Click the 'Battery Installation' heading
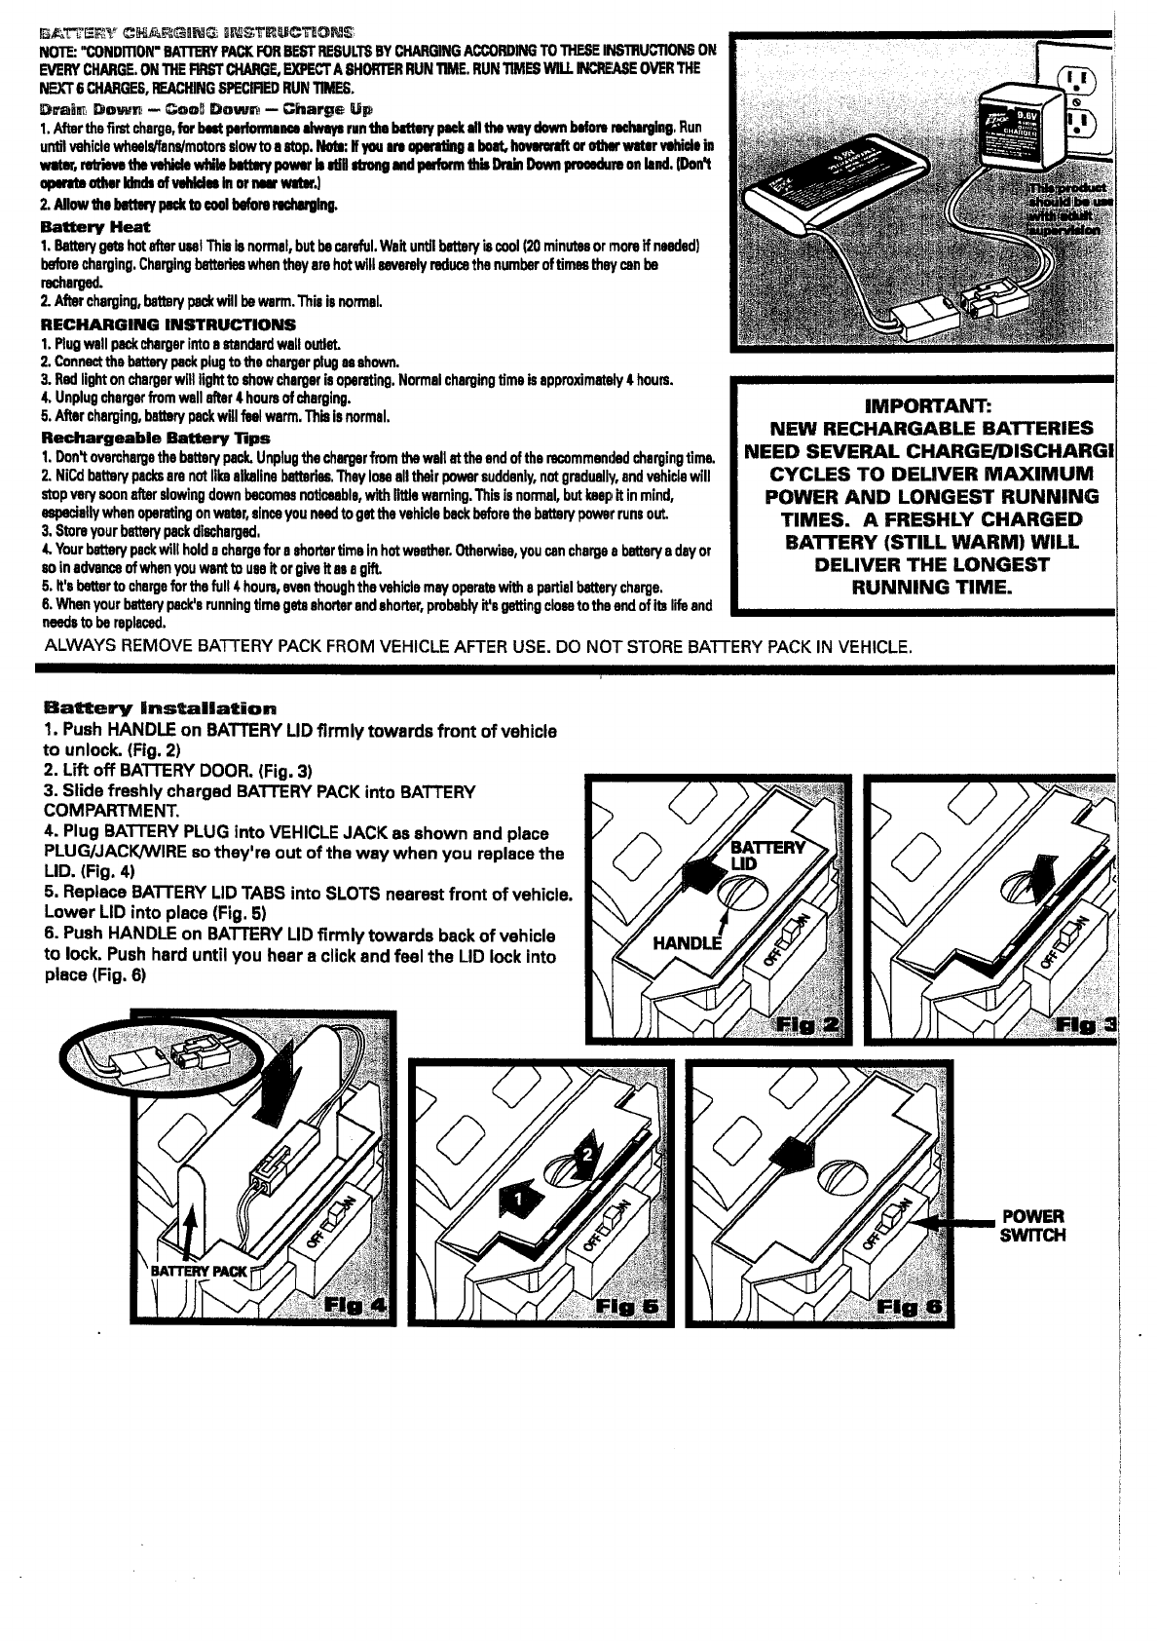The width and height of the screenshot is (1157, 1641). (x=161, y=707)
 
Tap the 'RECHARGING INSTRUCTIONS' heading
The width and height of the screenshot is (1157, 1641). (x=168, y=324)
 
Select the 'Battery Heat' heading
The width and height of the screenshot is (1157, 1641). (x=95, y=226)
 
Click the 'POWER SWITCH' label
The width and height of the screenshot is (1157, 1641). (x=1033, y=1226)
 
